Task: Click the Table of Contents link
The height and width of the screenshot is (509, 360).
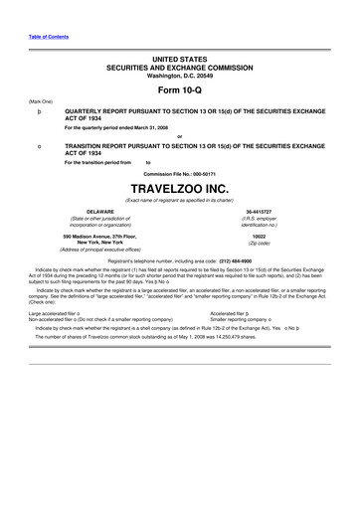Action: pyautogui.click(x=42, y=8)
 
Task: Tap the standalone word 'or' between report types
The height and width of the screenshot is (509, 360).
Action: pyautogui.click(x=179, y=135)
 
